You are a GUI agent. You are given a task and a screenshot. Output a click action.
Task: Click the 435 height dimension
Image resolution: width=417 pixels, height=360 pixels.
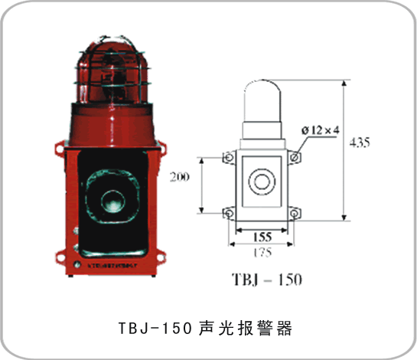(x=359, y=142)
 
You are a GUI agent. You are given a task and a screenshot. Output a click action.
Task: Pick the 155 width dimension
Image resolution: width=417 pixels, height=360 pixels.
(x=262, y=237)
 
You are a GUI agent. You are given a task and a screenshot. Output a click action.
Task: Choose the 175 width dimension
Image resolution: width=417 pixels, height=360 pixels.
(x=262, y=250)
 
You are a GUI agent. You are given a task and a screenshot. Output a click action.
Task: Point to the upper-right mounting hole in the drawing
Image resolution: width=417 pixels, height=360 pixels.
(x=295, y=156)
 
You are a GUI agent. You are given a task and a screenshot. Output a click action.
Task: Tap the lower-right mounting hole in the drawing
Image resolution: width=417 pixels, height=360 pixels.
(x=295, y=211)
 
